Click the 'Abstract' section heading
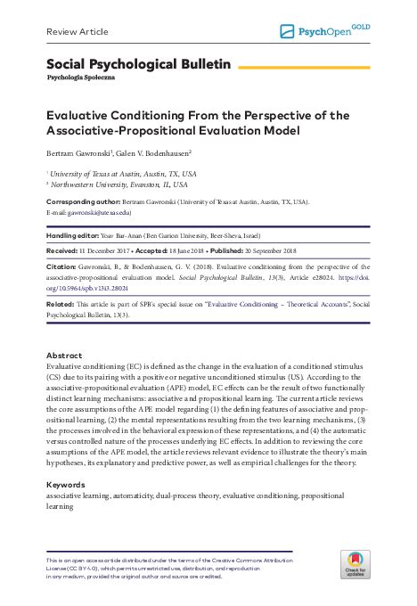pyautogui.click(x=64, y=354)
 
